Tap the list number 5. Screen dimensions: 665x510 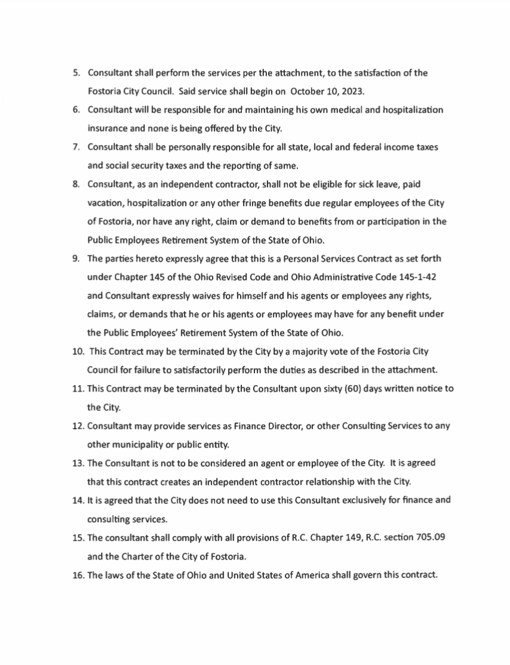pos(76,73)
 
